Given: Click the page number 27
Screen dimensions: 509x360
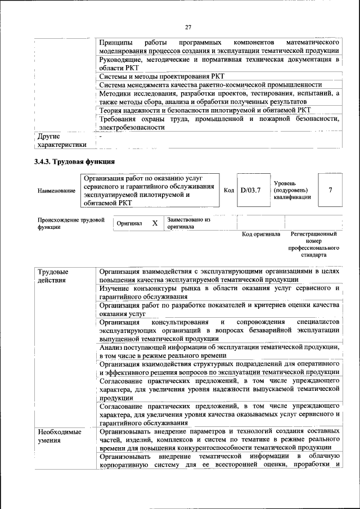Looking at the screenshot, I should coord(188,27).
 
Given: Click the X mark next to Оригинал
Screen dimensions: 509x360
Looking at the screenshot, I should coord(155,223).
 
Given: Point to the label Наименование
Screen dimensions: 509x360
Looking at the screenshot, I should coord(56,191).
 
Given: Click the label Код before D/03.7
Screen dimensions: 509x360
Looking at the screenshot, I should coord(229,191).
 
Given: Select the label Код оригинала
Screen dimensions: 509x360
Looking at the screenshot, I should coord(261,233).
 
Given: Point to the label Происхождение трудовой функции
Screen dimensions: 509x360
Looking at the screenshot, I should coord(71,223).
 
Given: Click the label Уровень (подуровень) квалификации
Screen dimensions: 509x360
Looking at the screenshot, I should coord(292,191).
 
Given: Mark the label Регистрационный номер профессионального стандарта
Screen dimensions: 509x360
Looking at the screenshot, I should coord(313,244).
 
